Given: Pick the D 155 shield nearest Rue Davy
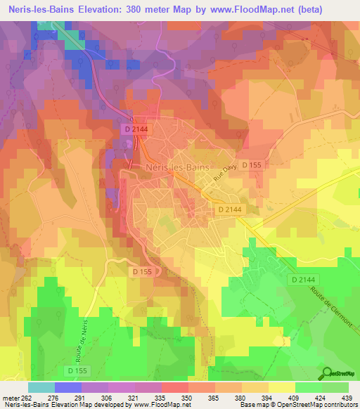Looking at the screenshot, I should click(x=252, y=165).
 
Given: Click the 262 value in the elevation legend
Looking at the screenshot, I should click(x=30, y=398).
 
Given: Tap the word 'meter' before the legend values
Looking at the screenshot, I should click(x=11, y=398).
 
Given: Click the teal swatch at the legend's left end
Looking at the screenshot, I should click(x=41, y=387).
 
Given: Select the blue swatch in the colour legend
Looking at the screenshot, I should click(x=67, y=387).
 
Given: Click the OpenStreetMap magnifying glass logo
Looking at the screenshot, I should click(x=327, y=373).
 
